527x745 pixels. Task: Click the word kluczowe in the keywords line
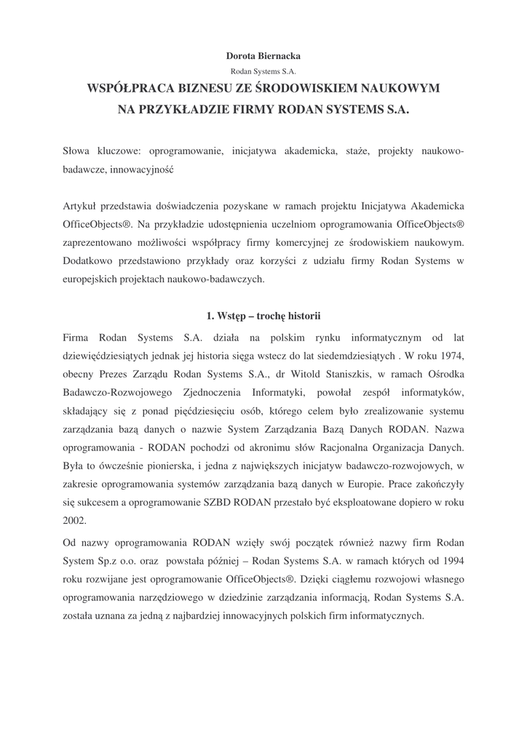[116, 151]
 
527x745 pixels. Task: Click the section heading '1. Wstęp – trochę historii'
[263, 316]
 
